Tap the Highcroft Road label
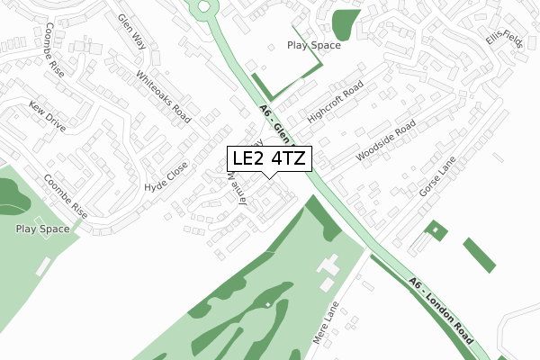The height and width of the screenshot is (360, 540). [334, 103]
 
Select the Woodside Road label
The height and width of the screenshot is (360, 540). [385, 143]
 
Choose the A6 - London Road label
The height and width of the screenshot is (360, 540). [441, 310]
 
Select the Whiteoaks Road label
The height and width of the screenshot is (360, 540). [164, 97]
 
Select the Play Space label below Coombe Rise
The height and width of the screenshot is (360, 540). [42, 229]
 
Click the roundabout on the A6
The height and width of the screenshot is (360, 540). [205, 7]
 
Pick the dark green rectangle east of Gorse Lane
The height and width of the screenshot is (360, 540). [479, 255]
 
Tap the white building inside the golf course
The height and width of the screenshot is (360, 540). [328, 266]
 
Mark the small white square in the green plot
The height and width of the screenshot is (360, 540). [435, 229]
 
